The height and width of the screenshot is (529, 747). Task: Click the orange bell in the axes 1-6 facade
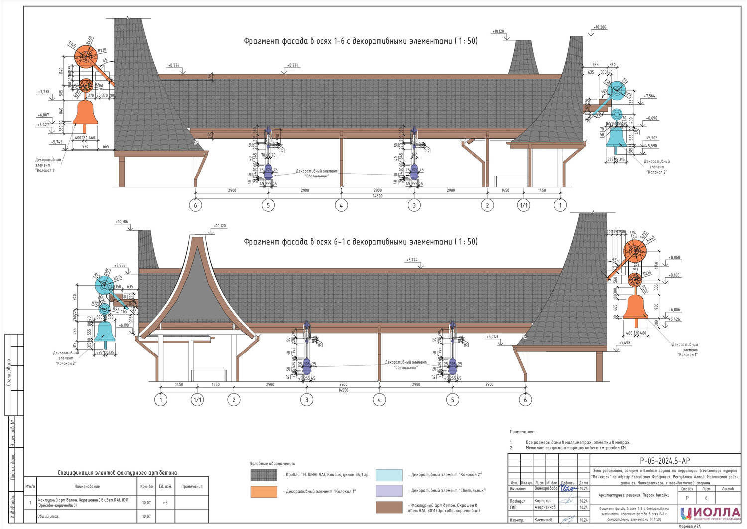85,113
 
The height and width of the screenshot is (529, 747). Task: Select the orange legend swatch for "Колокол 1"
264,491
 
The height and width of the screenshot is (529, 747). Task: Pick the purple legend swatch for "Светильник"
389,491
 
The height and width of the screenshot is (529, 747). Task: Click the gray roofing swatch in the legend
264,475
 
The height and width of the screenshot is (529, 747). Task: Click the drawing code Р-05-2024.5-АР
665,461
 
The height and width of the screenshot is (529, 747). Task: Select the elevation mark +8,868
675,257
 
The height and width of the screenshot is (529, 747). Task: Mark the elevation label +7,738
43,92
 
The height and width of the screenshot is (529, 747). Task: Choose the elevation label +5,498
625,343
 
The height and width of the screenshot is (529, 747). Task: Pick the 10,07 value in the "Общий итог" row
146,516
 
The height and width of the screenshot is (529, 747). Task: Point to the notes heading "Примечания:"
522,432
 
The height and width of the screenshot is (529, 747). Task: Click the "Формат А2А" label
689,526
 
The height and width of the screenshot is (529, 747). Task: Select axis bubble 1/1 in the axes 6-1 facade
197,400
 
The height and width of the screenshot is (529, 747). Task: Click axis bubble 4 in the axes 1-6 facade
341,205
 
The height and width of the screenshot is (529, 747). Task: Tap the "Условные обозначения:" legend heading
272,463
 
